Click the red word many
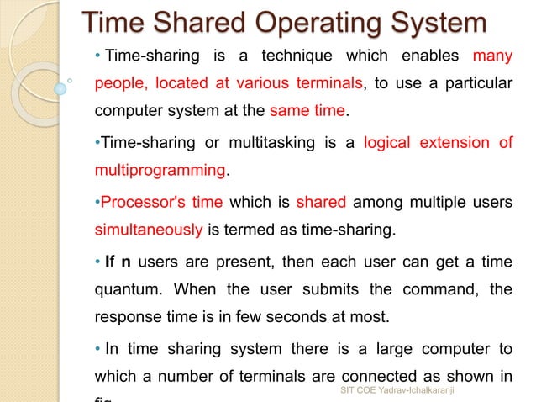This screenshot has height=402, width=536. pos(493,56)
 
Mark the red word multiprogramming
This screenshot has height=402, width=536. pos(160,171)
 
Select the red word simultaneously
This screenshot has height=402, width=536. pos(148,231)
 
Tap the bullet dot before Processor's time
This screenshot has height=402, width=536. pos(97,204)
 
